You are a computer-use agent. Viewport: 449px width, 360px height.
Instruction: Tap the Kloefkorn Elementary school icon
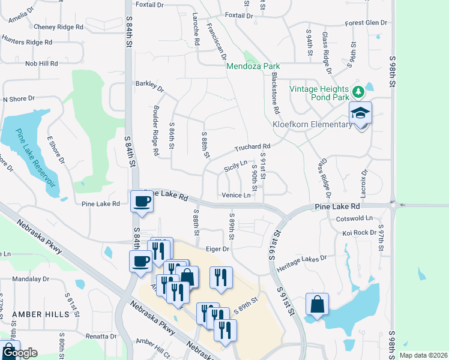pos(360,113)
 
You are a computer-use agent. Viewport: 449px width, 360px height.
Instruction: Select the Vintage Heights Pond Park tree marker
pos(358,91)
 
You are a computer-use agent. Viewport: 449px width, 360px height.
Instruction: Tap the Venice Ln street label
pos(235,195)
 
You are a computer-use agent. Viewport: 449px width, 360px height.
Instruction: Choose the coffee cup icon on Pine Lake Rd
pos(141,202)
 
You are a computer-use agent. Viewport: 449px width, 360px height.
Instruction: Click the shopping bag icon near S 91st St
pos(316,304)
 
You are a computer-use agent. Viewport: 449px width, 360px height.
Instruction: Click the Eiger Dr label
pos(217,248)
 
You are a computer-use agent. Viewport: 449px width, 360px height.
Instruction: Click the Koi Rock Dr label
pos(359,233)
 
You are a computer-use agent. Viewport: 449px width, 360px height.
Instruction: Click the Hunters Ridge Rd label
pos(27,43)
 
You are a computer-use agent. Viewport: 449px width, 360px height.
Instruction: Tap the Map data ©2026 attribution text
pos(422,355)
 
